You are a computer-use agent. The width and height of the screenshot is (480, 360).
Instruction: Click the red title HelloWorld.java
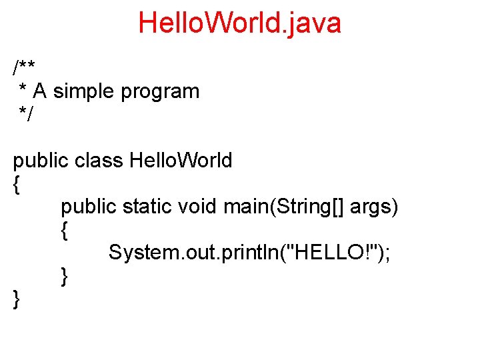239,23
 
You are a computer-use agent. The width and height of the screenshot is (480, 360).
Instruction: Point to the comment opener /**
25,68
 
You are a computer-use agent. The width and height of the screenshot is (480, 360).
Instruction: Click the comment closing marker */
26,114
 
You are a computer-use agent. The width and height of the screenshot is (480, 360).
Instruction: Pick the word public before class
41,161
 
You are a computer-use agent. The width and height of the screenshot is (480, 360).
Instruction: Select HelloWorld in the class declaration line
181,161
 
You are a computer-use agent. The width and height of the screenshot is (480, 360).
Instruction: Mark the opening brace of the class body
17,185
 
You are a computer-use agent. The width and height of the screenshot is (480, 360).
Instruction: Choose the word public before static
89,207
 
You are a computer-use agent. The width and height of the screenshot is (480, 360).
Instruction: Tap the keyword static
147,207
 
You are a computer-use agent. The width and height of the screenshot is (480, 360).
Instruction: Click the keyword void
197,207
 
